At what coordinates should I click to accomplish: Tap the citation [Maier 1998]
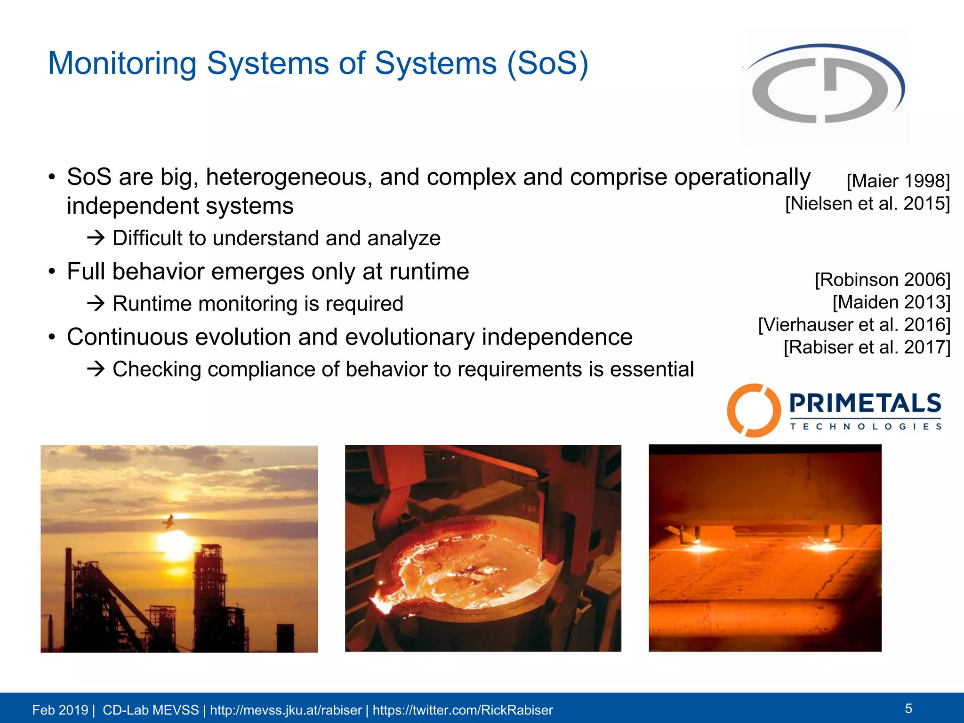coord(898,181)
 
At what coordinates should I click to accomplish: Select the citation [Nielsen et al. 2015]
coord(868,204)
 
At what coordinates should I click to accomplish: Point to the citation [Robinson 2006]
coord(883,280)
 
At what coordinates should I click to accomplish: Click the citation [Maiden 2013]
coord(892,302)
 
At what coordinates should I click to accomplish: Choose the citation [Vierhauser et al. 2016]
coord(854,325)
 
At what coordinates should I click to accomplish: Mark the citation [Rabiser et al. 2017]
coord(867,347)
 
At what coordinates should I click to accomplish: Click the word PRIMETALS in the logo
coord(865,404)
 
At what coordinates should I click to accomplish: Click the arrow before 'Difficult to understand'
coord(96,238)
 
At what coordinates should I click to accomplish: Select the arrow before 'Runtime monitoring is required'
coord(96,304)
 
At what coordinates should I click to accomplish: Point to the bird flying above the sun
coord(169,521)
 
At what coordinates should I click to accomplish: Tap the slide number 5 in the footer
coord(908,708)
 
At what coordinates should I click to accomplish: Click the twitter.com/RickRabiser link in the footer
coord(463,710)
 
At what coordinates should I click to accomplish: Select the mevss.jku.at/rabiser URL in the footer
coord(286,710)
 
